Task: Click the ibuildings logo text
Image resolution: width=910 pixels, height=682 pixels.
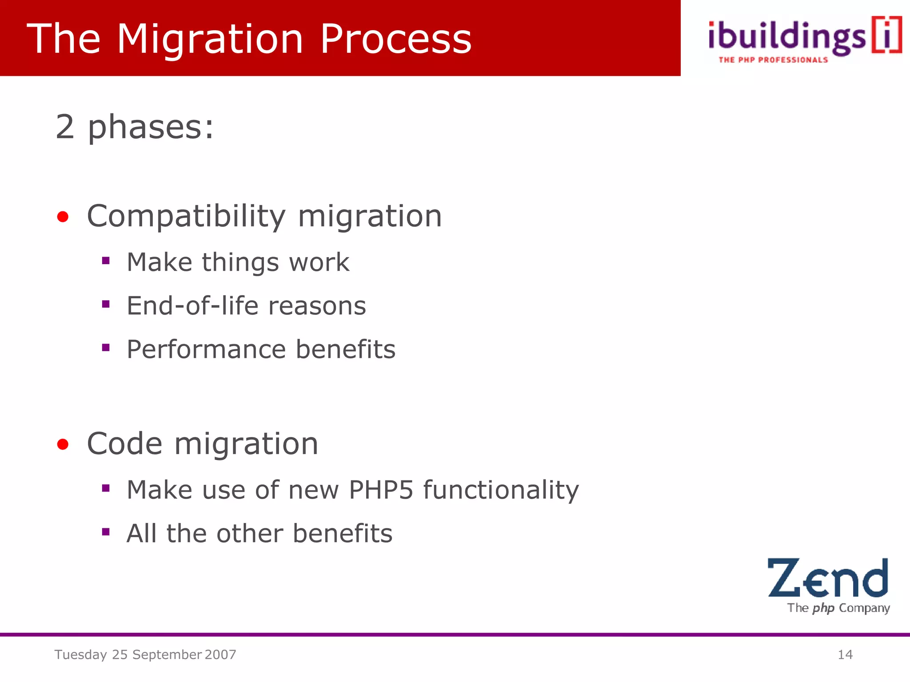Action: pos(786,37)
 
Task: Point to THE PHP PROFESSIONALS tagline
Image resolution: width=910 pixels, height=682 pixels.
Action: pos(773,60)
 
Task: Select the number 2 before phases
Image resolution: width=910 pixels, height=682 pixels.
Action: pos(65,127)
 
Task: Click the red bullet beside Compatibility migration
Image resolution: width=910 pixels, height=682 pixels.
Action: pos(63,217)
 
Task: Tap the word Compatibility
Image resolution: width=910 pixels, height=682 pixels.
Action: pos(186,217)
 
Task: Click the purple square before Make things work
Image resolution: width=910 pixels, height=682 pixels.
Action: pos(106,261)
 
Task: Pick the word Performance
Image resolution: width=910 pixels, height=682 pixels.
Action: pos(205,349)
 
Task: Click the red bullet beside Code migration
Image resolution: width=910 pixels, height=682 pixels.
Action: pos(63,444)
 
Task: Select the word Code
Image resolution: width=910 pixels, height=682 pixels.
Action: pos(124,444)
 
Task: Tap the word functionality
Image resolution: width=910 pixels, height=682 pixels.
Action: pos(501,490)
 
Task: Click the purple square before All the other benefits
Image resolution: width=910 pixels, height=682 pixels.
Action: pos(106,531)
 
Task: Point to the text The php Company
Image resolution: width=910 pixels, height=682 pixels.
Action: pos(838,608)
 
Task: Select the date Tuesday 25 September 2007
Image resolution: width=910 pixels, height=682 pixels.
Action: pos(145,654)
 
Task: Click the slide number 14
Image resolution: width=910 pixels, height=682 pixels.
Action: pos(845,654)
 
